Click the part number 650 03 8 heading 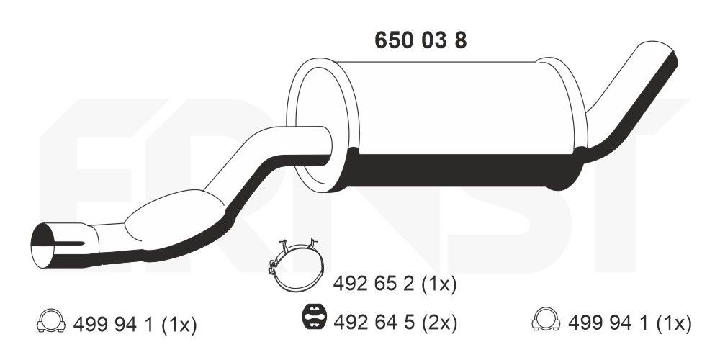tap(420, 40)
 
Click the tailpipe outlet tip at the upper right tap(657, 55)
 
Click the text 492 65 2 tap(372, 284)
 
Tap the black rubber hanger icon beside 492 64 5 tap(314, 317)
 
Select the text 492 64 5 tap(373, 321)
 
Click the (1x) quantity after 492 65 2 tap(436, 284)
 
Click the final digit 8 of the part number tap(459, 40)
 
